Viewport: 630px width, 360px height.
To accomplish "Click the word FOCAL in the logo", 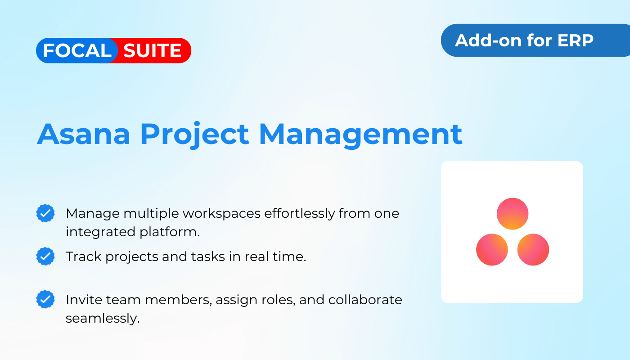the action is pos(77,50).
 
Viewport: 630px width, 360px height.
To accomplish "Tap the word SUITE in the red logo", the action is pos(153,50).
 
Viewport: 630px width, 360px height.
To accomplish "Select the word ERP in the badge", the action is pos(576,40).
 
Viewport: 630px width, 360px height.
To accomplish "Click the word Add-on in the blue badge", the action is pos(489,40).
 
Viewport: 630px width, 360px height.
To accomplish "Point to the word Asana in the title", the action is pos(84,135).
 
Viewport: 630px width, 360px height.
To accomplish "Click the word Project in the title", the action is pos(194,135).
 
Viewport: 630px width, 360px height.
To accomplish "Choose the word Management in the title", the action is pos(360,135).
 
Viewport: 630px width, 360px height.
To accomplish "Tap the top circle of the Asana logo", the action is pos(513,214).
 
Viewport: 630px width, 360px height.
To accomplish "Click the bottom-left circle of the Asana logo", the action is pos(492,249).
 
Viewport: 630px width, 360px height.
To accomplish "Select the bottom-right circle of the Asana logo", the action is pos(533,249).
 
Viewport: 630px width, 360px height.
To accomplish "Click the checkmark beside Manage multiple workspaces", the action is pos(45,213).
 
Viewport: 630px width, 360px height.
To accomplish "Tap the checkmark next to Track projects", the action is pos(45,256).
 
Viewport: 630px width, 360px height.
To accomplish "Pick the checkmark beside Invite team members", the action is pos(45,299).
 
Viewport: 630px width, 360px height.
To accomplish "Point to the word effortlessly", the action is pos(300,214).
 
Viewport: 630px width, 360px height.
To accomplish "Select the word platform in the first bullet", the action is pos(170,232).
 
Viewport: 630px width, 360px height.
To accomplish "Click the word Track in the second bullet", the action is pos(84,256).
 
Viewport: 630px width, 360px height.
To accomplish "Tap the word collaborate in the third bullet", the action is pos(365,300).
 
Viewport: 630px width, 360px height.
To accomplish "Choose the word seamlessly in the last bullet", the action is pos(103,319).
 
